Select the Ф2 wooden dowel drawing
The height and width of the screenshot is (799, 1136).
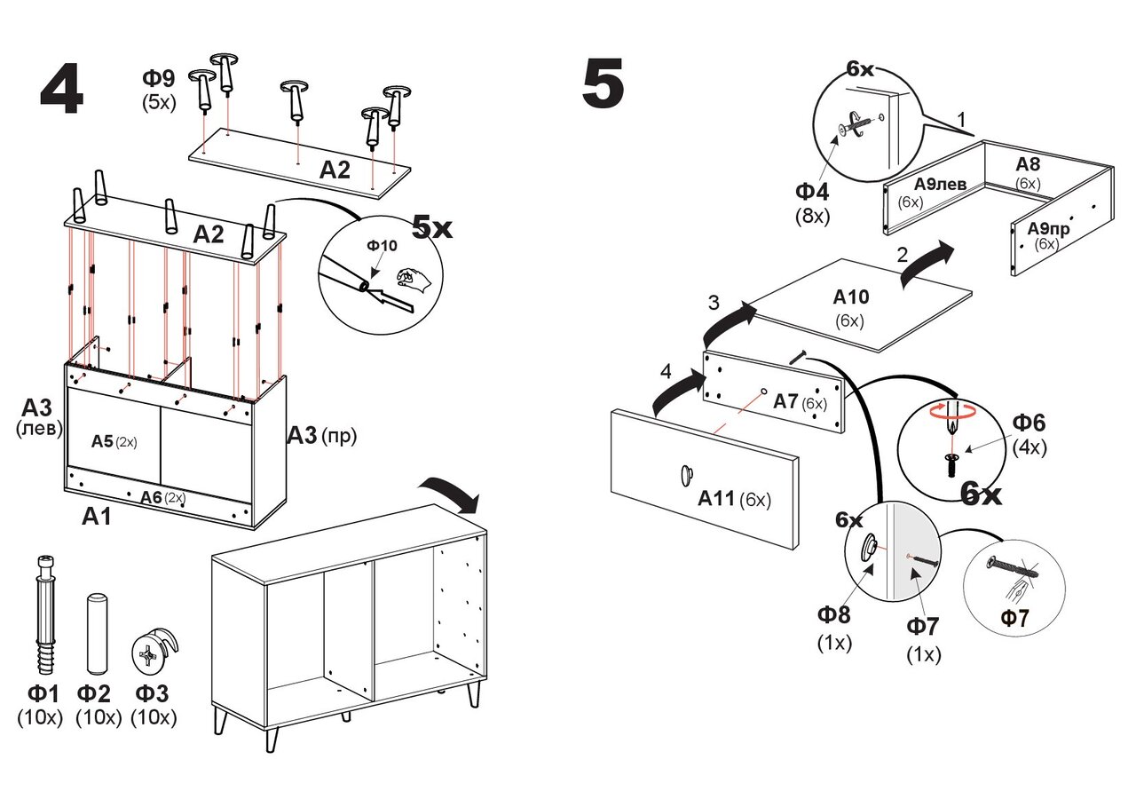click(96, 632)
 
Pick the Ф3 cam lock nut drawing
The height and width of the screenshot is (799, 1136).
click(153, 655)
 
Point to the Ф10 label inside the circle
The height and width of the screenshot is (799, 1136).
click(383, 245)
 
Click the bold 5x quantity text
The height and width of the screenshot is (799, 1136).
click(432, 227)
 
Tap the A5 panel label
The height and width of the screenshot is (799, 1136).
click(103, 440)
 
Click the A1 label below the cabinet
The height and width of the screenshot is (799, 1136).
click(97, 517)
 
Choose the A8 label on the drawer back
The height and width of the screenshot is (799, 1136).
click(1028, 164)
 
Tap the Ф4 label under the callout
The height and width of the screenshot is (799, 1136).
click(811, 191)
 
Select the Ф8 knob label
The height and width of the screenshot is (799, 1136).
click(833, 614)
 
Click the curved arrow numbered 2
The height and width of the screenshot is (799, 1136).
click(927, 263)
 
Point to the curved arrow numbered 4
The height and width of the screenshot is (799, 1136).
click(676, 393)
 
